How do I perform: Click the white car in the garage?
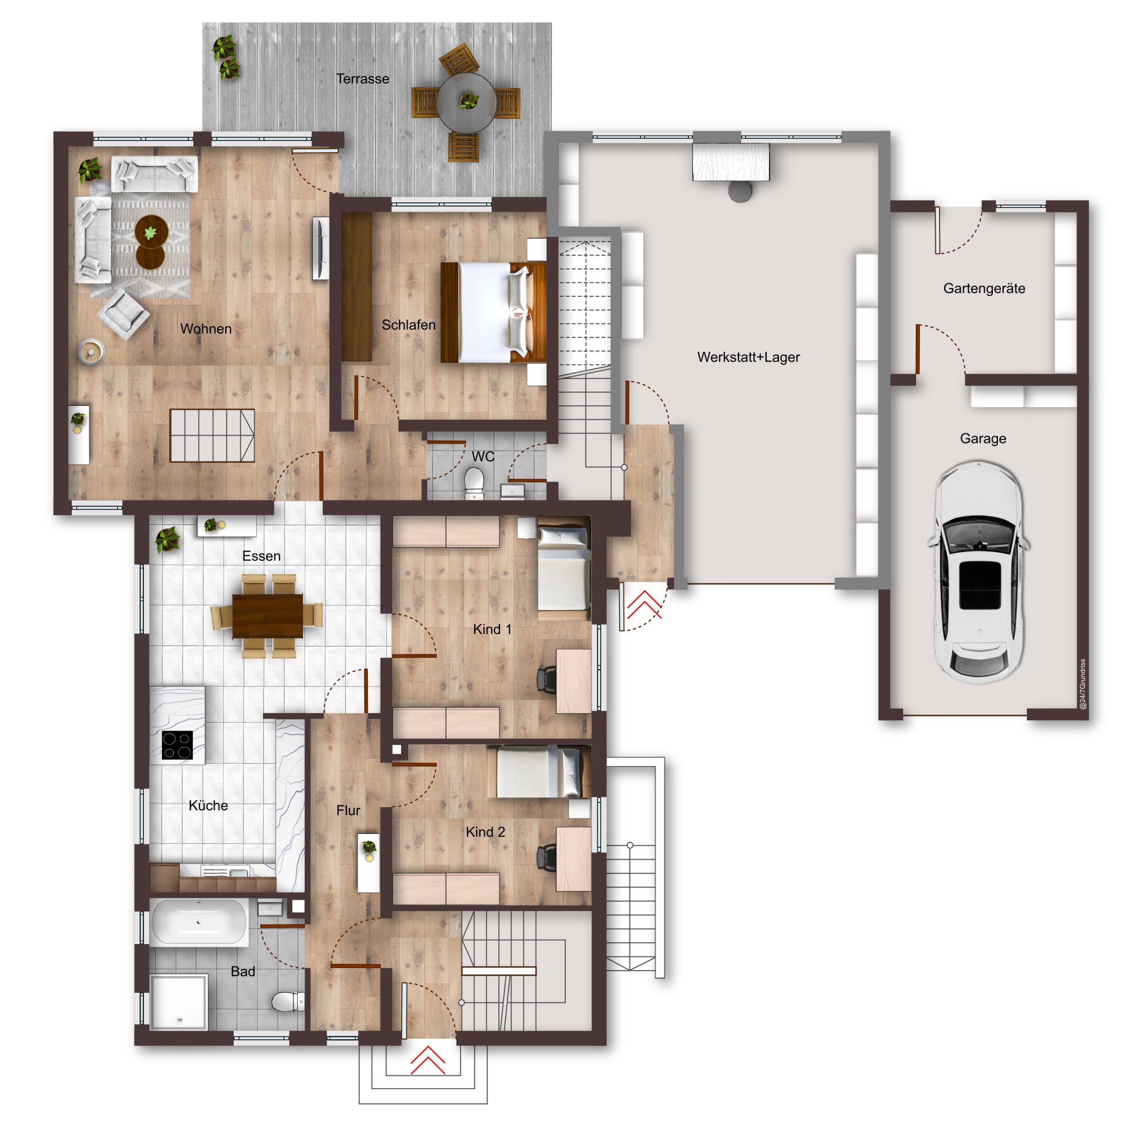point(978,572)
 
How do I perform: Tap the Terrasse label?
point(362,79)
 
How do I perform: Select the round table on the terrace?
point(467,103)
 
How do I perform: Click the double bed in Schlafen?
point(493,312)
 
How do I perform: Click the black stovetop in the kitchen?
point(177,745)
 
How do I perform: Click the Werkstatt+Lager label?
point(748,357)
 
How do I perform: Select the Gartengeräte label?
point(984,288)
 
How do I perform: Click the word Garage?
point(983,438)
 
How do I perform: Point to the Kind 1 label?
point(492,629)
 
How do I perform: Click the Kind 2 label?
point(485,832)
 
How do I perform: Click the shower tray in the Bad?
point(179,1001)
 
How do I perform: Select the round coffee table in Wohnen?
point(151,242)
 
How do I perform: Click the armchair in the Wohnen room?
point(123,314)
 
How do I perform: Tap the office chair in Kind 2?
point(547,858)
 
